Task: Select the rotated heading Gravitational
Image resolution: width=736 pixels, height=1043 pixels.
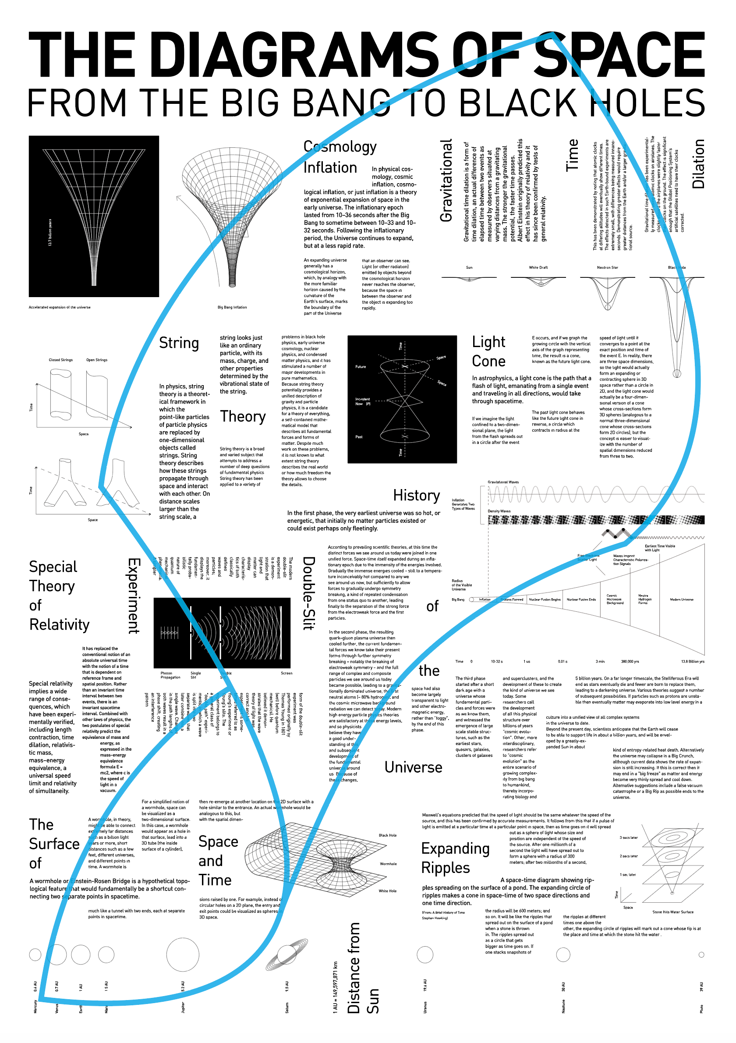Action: pos(446,181)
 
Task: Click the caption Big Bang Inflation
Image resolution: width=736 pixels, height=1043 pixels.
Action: pos(232,308)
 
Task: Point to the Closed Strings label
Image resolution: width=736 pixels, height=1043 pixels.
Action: pos(60,360)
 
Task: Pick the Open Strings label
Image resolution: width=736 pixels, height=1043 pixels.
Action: pos(97,360)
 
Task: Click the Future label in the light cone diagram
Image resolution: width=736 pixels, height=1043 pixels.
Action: pos(361,367)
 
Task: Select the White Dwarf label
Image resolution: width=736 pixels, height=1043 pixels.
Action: pos(538,268)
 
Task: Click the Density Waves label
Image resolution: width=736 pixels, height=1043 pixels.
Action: pos(499,511)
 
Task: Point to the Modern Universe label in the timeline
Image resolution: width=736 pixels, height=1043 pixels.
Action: pos(682,600)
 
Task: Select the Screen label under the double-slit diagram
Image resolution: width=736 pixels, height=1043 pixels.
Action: pos(287,673)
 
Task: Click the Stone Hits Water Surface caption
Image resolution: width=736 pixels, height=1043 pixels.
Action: pos(672,912)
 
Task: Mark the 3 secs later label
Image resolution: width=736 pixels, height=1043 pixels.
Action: pos(628,837)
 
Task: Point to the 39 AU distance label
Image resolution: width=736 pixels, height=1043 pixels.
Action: pos(701,986)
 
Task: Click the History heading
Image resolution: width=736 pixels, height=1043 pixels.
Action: pos(416,496)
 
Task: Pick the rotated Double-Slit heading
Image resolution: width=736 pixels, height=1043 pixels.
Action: pos(308,593)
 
